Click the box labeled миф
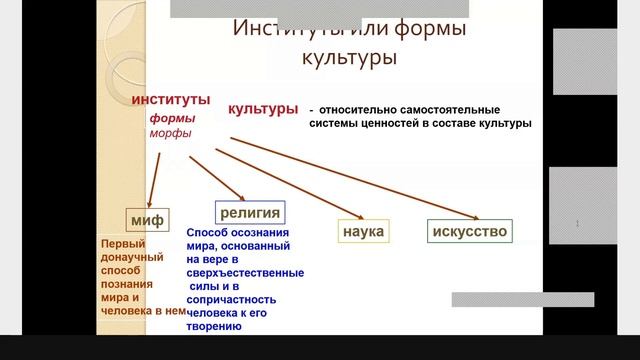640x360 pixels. coord(145,219)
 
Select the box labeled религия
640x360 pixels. coord(250,211)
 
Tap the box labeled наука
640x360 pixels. coord(363,232)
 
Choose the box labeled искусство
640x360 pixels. coord(469,232)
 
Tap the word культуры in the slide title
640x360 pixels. coord(349,57)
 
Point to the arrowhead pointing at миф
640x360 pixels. coord(149,203)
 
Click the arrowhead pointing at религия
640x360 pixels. coord(240,196)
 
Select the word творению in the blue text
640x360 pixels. coord(214,325)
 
